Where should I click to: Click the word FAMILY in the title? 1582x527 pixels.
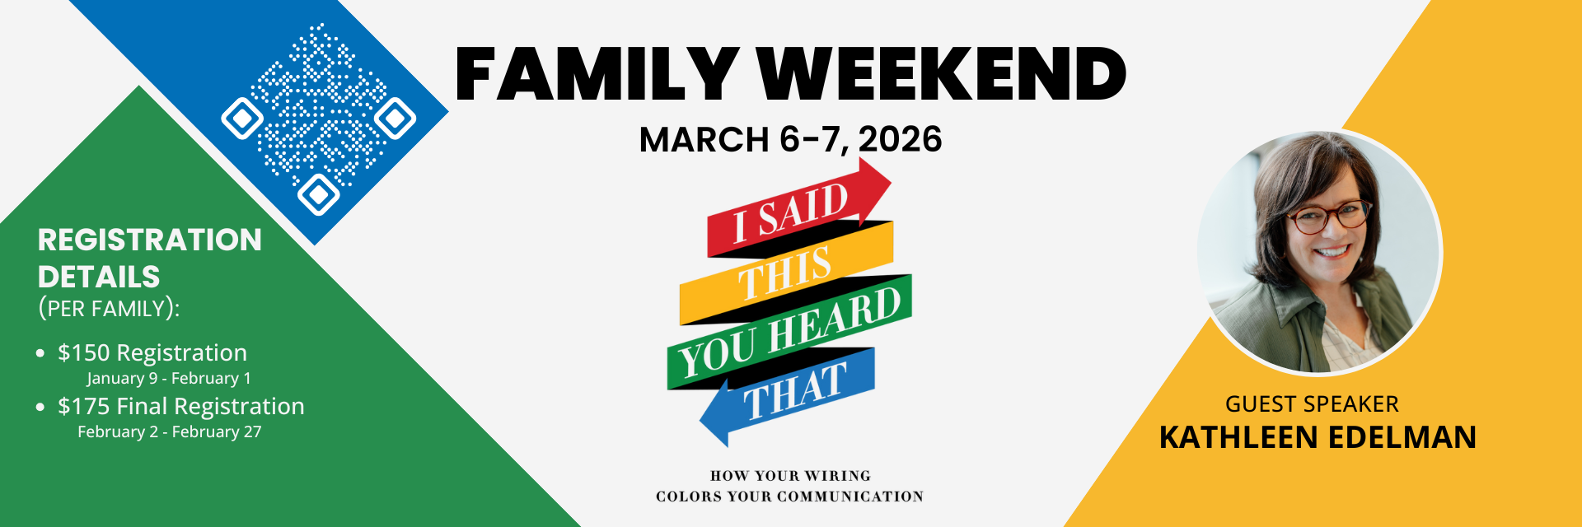click(x=597, y=74)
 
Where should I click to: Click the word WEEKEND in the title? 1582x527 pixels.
click(x=942, y=74)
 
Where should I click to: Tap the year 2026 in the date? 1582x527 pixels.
click(x=900, y=139)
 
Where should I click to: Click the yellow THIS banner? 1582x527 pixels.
click(x=786, y=273)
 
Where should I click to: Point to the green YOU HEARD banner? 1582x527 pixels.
click(x=789, y=333)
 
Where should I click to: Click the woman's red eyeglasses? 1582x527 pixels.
click(x=1328, y=217)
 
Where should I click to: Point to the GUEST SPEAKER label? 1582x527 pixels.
click(x=1312, y=404)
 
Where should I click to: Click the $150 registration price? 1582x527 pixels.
click(x=83, y=352)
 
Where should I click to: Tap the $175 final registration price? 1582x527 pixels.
click(x=83, y=406)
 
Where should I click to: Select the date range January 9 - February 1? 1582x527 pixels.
click(x=169, y=379)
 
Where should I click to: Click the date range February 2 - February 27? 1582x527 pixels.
click(x=170, y=432)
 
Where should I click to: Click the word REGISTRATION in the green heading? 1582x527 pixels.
click(x=150, y=240)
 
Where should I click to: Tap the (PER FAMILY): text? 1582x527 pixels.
click(x=109, y=309)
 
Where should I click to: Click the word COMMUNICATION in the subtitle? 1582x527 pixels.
click(x=850, y=497)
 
